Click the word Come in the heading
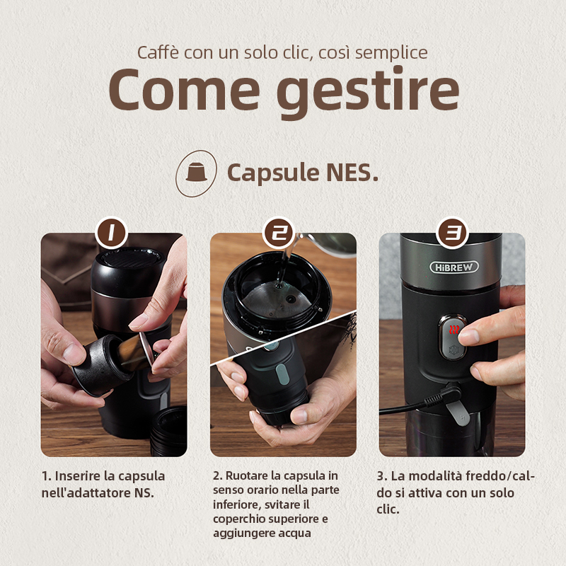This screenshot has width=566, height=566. coord(184,90)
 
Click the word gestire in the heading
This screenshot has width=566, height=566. coord(368,93)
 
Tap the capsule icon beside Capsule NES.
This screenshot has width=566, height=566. coord(196,173)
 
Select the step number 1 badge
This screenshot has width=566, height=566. coord(112,233)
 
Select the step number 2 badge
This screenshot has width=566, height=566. coord(279,233)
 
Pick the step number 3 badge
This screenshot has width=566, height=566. coord(452,233)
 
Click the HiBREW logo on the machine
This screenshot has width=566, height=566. coord(454,267)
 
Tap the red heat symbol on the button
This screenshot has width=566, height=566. coord(454,329)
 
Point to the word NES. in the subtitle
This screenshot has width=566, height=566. coord(352,172)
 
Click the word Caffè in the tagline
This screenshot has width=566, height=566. coord(158,52)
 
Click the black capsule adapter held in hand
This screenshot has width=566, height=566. coord(102,365)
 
